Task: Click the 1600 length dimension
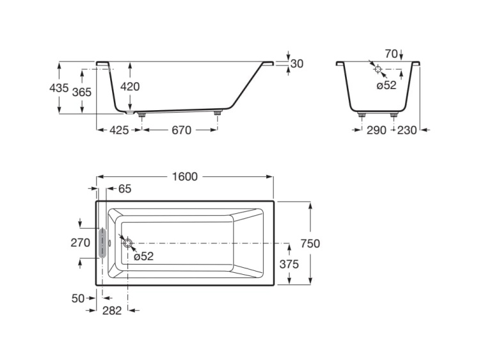pos(185,177)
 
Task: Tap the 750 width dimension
pos(310,243)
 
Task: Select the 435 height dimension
pos(59,88)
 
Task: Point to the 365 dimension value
pos(82,92)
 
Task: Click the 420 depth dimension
pos(130,86)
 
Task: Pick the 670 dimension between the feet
pos(182,130)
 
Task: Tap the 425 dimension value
pos(119,130)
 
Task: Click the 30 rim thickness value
pos(297,63)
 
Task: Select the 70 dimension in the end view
pos(391,54)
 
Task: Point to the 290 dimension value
pos(376,130)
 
